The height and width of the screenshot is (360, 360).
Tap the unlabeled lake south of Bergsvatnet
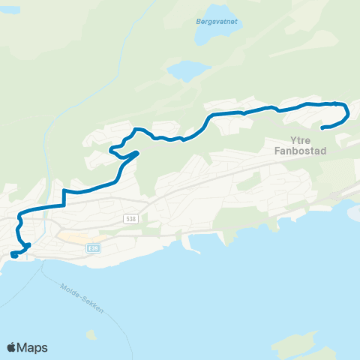coord(187,70)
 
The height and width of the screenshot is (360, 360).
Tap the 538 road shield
coord(131,217)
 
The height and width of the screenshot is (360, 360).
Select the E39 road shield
coord(93,247)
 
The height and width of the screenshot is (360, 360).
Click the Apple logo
coord(11,347)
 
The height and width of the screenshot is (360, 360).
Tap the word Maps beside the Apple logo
coord(32,347)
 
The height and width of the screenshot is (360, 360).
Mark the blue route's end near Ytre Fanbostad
coord(322,128)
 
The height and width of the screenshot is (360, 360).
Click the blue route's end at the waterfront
coord(14,256)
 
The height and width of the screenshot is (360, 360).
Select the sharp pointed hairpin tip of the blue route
coord(139,153)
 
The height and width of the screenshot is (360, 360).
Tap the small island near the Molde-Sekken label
coord(91,334)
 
